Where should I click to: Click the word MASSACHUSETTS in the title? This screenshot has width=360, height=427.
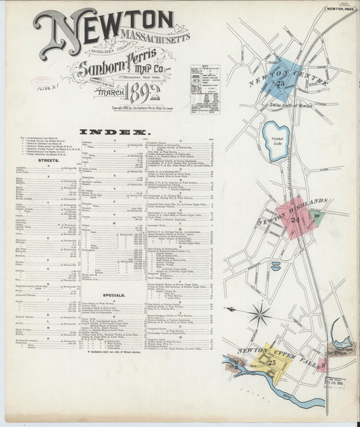[x=155, y=36]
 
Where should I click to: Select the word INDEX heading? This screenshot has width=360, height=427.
[x=113, y=131]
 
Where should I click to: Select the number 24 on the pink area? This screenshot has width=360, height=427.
[x=295, y=219]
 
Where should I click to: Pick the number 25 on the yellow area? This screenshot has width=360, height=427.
[x=271, y=362]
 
